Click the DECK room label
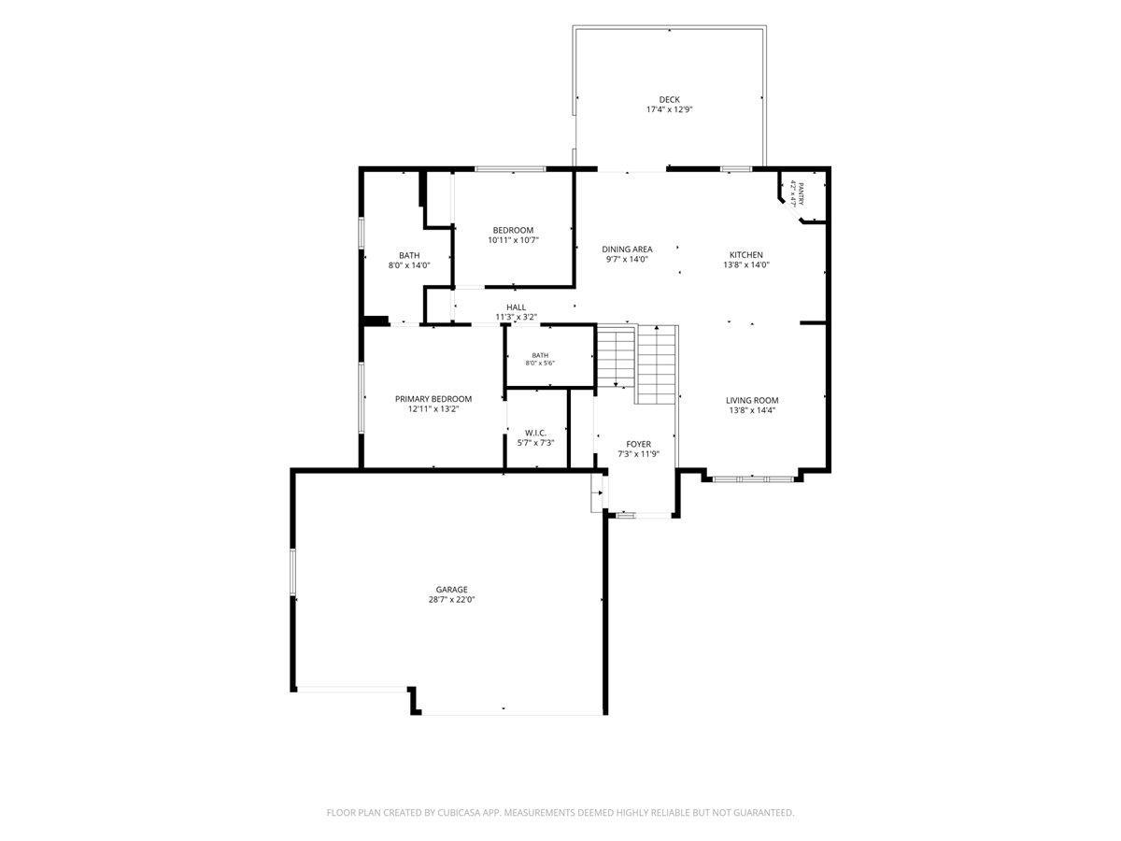669,100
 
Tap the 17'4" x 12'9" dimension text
669,109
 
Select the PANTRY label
801,193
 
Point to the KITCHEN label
745,255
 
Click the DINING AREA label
627,249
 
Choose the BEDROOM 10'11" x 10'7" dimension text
513,240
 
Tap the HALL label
516,307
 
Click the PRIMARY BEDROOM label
433,399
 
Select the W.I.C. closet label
535,433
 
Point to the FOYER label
638,444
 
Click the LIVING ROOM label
752,400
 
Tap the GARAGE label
451,590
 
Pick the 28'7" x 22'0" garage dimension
451,600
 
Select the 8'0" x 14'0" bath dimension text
409,265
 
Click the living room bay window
752,479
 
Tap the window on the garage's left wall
293,571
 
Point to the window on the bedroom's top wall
511,168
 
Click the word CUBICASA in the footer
457,812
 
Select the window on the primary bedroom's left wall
362,398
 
